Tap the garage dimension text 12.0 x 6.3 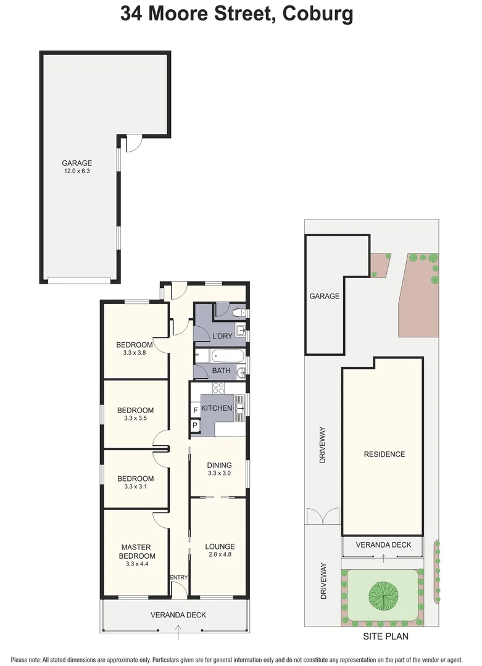(77, 172)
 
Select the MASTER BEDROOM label (136, 551)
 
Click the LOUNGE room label (220, 546)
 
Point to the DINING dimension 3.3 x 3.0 (219, 474)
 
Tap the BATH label (221, 371)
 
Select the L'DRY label (222, 335)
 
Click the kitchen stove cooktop (218, 388)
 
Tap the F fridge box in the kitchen (196, 409)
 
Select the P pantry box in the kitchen (195, 425)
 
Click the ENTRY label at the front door (179, 577)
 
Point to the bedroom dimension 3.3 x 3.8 (134, 353)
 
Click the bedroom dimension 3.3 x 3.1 (135, 487)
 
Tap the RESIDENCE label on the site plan (384, 454)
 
